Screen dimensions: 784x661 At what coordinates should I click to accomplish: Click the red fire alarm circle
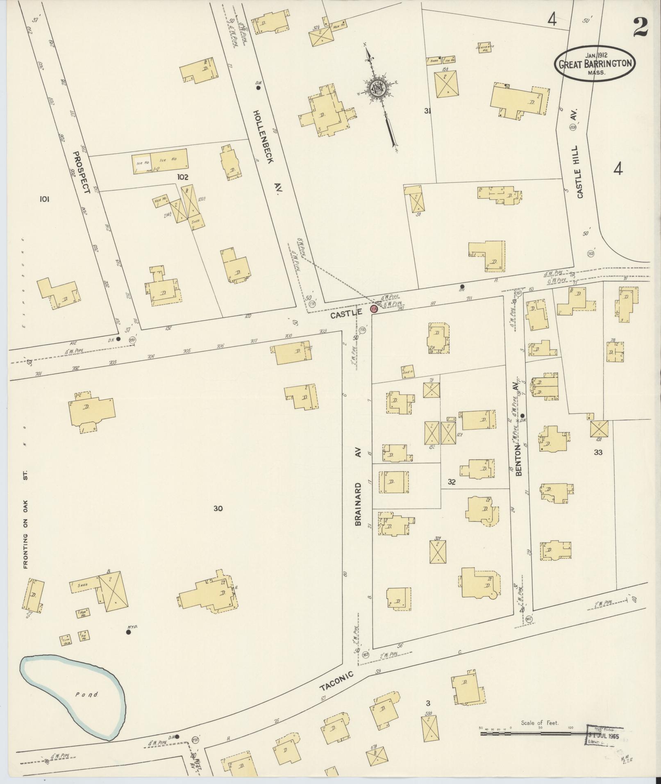pyautogui.click(x=374, y=309)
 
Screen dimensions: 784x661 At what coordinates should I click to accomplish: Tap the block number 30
pyautogui.click(x=218, y=508)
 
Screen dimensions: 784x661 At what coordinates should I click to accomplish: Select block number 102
pyautogui.click(x=183, y=177)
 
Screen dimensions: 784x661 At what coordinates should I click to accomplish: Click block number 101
pyautogui.click(x=44, y=199)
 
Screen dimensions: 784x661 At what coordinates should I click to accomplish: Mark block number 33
pyautogui.click(x=598, y=452)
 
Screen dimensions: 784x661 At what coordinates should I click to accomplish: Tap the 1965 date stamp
pyautogui.click(x=604, y=735)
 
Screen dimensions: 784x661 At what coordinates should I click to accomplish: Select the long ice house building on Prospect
pyautogui.click(x=160, y=161)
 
